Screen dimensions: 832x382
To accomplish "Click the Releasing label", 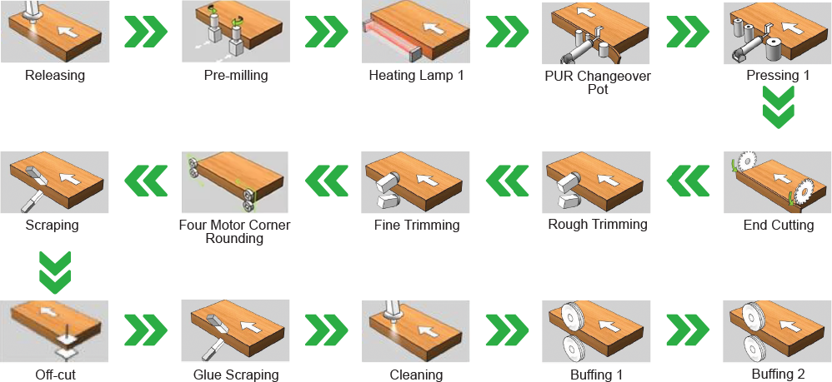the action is [x=55, y=75].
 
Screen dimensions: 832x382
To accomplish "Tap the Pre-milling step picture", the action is [x=236, y=32].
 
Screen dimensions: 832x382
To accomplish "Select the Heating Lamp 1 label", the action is [x=417, y=75].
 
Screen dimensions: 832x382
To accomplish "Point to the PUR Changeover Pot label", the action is [x=598, y=82].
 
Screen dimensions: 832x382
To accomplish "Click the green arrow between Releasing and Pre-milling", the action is [x=146, y=32].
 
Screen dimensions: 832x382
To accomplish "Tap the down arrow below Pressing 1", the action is [x=779, y=107].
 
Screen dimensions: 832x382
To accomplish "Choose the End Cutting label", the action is [x=779, y=226].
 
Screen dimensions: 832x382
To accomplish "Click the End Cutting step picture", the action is [x=778, y=182].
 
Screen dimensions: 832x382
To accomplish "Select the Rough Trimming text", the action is [x=598, y=224].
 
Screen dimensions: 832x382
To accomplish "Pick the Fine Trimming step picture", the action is [x=416, y=182].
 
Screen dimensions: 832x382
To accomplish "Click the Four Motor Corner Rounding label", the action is [x=235, y=231].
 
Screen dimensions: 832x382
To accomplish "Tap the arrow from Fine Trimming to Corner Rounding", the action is [x=326, y=181].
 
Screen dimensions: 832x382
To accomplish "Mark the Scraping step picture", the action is [x=55, y=182].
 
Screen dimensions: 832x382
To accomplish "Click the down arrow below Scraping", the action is [x=55, y=272].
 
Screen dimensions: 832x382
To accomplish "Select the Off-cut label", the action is [x=55, y=375].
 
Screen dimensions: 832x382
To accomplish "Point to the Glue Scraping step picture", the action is [x=236, y=331].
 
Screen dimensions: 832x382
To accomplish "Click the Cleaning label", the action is [x=417, y=375].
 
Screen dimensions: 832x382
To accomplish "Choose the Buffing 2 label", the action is [x=779, y=375].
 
